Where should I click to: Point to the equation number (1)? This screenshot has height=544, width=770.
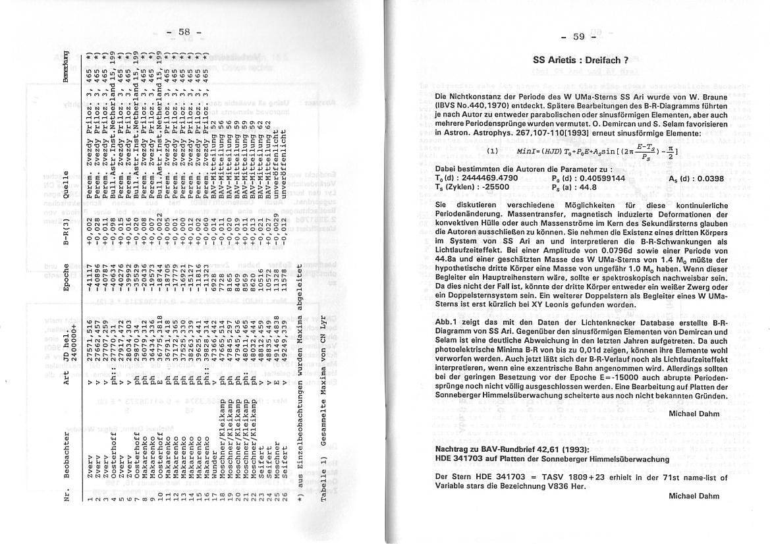point(492,151)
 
